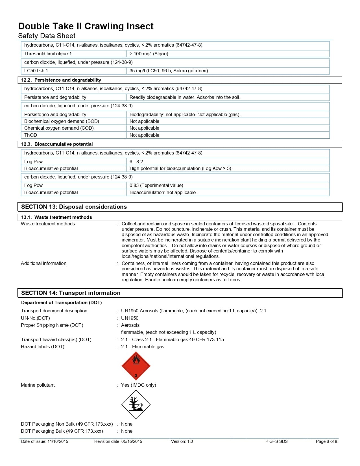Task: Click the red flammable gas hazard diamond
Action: tap(136, 366)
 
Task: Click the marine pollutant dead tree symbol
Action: tap(136, 404)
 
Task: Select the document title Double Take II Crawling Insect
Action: tap(86, 26)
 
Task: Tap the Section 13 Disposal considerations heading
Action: tap(74, 207)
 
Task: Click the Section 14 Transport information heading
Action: tap(71, 293)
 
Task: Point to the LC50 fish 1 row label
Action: tap(36, 71)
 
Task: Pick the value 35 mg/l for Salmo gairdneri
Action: tap(169, 71)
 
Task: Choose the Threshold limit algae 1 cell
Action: tap(48, 54)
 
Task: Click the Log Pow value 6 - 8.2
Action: tap(136, 162)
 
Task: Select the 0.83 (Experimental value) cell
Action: tap(156, 185)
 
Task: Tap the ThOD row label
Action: tap(30, 135)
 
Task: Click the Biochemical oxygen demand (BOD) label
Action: tap(62, 121)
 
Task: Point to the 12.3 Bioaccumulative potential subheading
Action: tap(57, 144)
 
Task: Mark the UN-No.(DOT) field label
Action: tap(35, 318)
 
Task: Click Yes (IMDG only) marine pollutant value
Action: tap(138, 385)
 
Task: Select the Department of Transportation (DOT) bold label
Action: tap(61, 302)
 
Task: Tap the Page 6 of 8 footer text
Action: tap(326, 441)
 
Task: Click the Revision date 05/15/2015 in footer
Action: tap(118, 441)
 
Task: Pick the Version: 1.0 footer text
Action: tap(182, 441)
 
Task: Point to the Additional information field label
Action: tap(43, 263)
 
